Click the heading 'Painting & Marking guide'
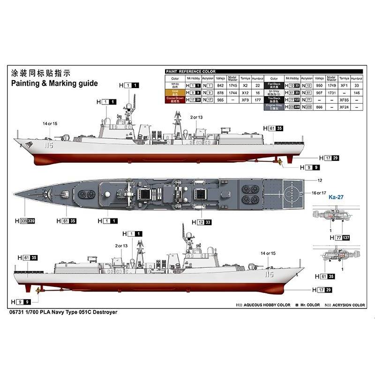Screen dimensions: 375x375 54,83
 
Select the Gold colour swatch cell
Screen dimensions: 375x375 175,93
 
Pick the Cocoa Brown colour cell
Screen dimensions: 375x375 175,100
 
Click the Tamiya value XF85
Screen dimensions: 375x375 344,100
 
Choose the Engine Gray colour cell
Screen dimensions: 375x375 274,107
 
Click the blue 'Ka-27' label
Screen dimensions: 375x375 336,197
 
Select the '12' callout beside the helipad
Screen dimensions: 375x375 320,180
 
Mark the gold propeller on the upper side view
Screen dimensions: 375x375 278,163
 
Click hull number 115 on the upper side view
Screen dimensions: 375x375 49,146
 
